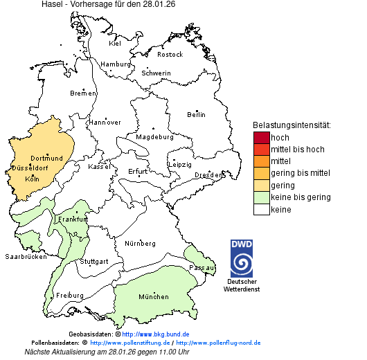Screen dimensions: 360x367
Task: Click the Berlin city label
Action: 196,115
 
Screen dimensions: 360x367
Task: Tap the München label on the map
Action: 153,297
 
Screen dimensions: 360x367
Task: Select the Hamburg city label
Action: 116,64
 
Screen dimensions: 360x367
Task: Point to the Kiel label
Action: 115,44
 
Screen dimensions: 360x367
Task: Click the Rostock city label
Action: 170,55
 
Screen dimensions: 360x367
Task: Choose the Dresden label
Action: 208,175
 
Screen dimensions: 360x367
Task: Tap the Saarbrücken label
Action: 26,257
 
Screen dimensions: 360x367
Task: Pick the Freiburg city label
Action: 69,296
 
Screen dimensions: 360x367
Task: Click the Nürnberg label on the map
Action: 139,244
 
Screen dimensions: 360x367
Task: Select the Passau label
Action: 202,267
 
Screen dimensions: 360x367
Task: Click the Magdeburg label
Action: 154,137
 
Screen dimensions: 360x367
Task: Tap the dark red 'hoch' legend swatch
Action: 261,138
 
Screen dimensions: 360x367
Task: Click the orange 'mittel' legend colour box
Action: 261,161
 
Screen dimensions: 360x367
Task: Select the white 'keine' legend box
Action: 261,209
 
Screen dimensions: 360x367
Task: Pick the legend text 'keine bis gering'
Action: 300,197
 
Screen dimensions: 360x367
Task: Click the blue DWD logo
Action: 242,259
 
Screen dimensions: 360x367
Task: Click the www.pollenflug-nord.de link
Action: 218,343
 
